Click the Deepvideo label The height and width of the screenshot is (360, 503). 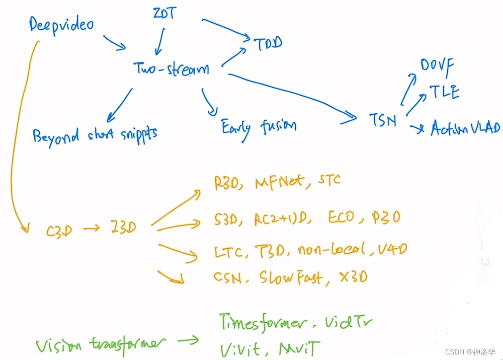click(x=61, y=25)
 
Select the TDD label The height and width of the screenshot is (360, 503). click(x=267, y=43)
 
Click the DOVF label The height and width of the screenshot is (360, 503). click(x=437, y=65)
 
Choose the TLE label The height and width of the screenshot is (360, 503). click(x=444, y=92)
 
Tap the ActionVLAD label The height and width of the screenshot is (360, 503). click(x=465, y=129)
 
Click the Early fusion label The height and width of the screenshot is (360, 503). click(x=259, y=126)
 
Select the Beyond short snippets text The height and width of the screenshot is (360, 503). click(x=95, y=134)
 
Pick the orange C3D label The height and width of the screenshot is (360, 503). click(x=59, y=231)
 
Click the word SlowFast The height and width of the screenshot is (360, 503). click(x=291, y=277)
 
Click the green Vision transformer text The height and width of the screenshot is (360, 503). click(x=100, y=344)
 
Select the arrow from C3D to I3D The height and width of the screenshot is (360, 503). click(x=91, y=230)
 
